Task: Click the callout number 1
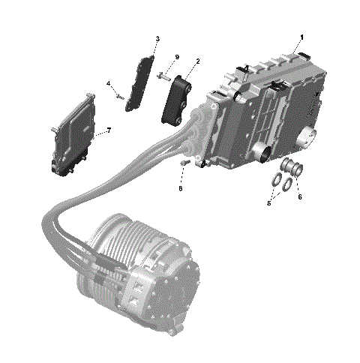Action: click(x=302, y=37)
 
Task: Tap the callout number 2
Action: click(x=197, y=61)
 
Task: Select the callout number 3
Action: click(x=157, y=38)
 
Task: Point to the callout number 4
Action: click(x=108, y=83)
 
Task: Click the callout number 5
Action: click(x=268, y=202)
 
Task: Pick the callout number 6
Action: click(x=300, y=196)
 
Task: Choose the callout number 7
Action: click(x=109, y=130)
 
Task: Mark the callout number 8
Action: click(x=180, y=189)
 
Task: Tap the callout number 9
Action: click(x=177, y=58)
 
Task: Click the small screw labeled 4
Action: click(x=119, y=95)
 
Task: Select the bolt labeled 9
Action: click(x=163, y=74)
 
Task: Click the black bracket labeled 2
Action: click(x=177, y=97)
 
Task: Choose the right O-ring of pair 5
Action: click(x=287, y=184)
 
